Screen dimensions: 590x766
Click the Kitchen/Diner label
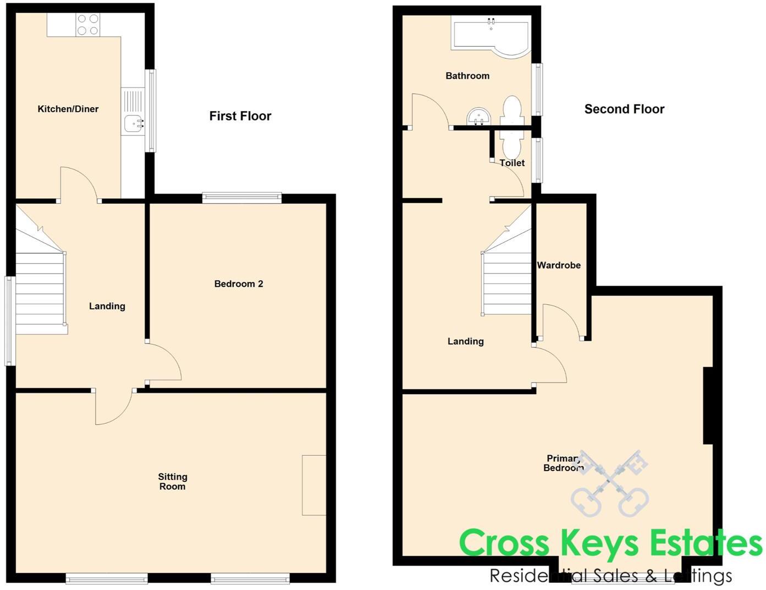tap(68, 109)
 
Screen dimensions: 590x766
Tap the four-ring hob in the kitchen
tap(88, 25)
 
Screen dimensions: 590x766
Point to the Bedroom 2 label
tap(239, 284)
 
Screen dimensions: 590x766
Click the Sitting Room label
tap(172, 482)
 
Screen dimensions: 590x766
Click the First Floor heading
tap(240, 116)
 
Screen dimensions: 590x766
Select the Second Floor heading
tap(624, 110)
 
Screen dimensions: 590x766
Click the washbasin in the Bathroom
tap(478, 117)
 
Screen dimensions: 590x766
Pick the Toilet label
tap(512, 163)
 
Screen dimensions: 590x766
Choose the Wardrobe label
tap(559, 265)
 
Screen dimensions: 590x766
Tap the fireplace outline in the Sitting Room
tap(314, 485)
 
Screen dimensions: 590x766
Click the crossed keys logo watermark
tap(610, 482)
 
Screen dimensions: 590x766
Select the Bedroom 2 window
tap(242, 196)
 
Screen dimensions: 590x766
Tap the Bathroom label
tap(467, 76)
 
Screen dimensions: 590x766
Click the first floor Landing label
tap(107, 306)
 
